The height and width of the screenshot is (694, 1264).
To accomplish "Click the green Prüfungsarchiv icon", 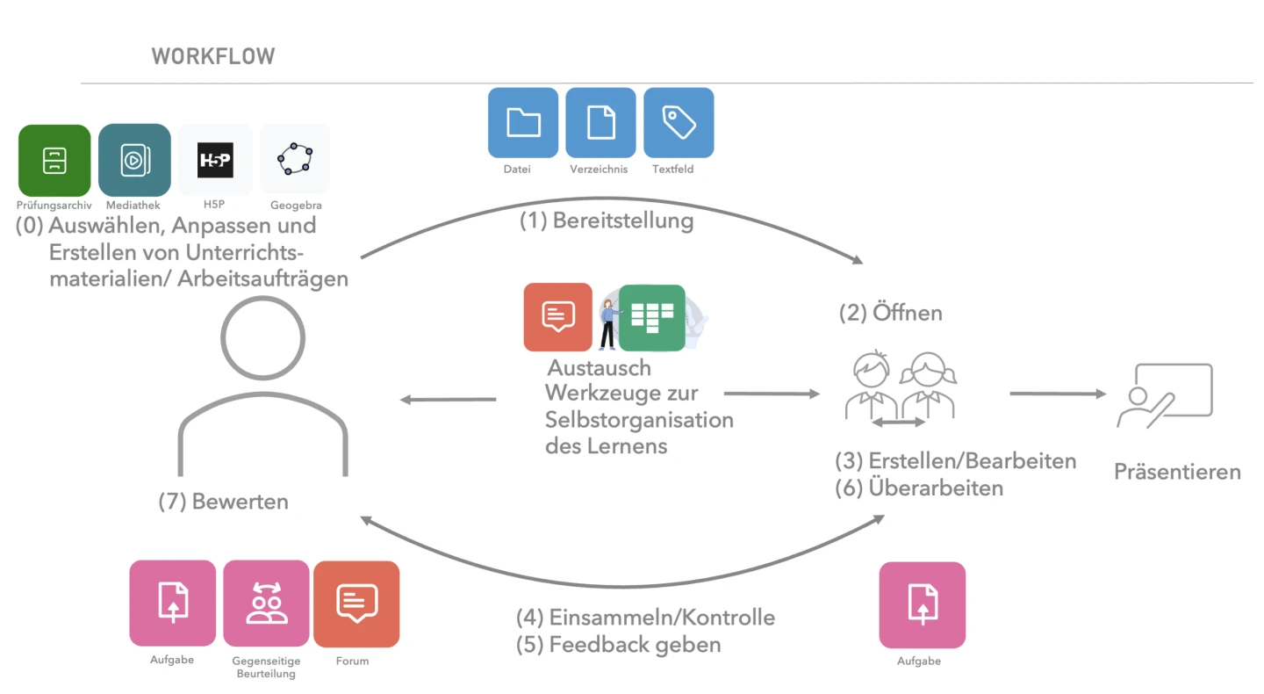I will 54,160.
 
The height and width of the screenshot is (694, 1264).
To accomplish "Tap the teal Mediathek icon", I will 134,160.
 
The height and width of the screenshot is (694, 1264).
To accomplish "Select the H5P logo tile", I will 215,160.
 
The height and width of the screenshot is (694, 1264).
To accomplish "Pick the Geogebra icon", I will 295,160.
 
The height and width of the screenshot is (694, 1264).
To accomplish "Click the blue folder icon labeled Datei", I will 523,123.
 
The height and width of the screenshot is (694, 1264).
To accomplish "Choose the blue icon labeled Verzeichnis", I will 600,123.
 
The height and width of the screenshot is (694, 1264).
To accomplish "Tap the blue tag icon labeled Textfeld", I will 679,123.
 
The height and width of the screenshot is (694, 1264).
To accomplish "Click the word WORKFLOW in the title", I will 213,57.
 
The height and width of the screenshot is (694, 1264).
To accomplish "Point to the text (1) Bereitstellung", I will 607,220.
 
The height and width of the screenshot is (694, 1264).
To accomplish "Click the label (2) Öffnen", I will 891,313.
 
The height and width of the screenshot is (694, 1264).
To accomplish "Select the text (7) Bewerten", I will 223,502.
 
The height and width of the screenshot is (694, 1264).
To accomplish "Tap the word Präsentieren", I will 1177,472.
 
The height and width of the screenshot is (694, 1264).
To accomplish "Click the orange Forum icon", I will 356,604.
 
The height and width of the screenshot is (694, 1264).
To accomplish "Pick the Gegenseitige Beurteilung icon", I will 266,604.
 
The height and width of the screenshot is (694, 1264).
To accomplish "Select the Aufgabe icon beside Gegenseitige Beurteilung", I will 172,604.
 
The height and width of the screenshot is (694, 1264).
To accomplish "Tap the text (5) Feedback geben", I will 618,644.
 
